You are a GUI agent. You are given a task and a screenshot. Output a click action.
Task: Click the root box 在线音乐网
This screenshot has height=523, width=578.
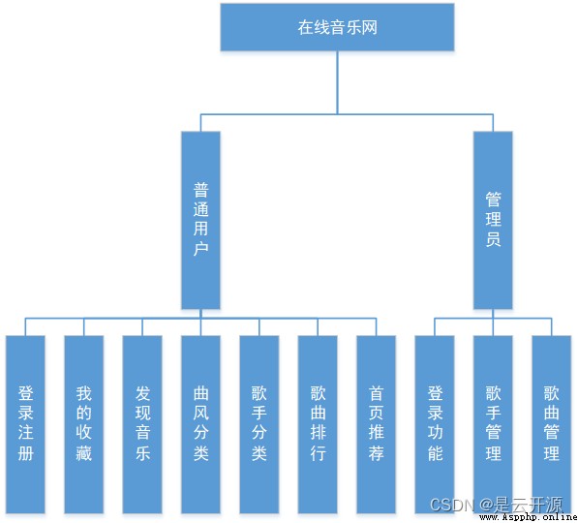[x=337, y=27]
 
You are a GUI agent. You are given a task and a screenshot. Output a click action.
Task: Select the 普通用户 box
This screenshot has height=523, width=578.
[x=200, y=220]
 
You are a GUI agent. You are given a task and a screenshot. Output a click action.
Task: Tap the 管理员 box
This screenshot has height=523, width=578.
[x=493, y=220]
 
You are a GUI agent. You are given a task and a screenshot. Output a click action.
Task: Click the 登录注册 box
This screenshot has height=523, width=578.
[x=25, y=424]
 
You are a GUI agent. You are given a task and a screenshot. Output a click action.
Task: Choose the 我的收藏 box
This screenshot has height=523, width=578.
[x=83, y=424]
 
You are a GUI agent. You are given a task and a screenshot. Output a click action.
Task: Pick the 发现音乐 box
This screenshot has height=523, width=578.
[x=142, y=424]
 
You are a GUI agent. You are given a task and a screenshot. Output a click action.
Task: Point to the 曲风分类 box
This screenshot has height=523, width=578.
[x=200, y=424]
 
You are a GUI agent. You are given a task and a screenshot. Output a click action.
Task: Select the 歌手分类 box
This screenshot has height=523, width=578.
[x=259, y=424]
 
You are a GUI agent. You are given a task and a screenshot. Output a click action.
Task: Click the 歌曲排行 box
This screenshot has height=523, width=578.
[x=318, y=424]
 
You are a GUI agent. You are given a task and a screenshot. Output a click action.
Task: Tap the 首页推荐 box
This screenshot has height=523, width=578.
[x=376, y=424]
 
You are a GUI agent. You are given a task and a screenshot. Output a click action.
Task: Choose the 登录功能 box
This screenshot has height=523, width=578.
[x=435, y=424]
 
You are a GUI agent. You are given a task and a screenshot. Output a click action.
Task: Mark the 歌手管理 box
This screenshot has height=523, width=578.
[x=493, y=424]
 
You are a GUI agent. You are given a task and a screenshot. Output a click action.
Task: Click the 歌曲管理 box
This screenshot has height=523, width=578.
[x=552, y=424]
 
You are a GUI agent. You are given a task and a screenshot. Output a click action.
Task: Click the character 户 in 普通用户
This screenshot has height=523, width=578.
[x=201, y=249]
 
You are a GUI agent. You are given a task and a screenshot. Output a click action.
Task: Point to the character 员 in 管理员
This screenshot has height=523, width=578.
[x=493, y=239]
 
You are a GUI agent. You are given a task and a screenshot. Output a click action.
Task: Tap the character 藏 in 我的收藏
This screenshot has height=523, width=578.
[x=84, y=453]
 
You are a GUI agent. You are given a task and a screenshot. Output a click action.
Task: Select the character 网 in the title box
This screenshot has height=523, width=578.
[x=370, y=28]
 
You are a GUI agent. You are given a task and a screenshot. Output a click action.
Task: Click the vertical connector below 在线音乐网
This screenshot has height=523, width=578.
[x=337, y=82]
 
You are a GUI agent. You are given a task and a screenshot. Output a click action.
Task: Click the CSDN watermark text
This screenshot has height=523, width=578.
[x=452, y=505]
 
